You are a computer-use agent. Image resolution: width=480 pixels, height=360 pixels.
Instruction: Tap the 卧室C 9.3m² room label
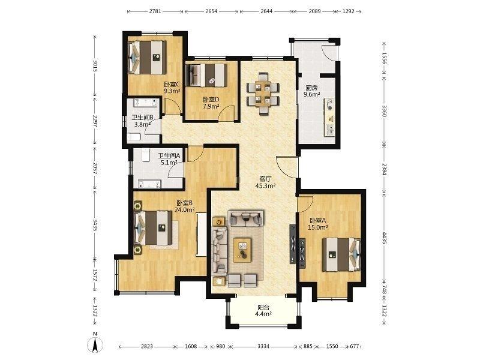point(172,88)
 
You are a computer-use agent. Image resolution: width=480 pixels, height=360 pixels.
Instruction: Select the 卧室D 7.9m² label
point(211,103)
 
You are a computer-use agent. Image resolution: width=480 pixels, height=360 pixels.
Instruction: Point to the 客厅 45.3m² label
point(265,182)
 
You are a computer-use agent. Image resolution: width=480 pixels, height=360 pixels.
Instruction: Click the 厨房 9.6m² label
point(311,91)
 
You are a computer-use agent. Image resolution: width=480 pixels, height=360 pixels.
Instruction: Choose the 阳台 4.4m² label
point(263,310)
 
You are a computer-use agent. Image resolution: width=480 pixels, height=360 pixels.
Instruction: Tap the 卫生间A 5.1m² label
point(169,159)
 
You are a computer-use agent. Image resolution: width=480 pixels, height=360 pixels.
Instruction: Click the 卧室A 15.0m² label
point(319,224)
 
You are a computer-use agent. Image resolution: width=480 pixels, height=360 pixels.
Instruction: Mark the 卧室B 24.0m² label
point(184,206)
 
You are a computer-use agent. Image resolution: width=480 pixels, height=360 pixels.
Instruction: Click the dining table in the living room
point(263,94)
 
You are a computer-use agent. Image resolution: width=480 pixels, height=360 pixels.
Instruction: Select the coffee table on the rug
point(243,250)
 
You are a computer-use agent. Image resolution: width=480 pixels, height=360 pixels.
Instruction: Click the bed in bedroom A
point(341,254)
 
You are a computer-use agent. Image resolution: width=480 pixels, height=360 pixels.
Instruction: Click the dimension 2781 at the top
point(155,11)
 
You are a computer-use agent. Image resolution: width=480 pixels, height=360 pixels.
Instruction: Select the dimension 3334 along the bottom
point(263,347)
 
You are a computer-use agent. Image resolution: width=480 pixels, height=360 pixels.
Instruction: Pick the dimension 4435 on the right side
point(385,237)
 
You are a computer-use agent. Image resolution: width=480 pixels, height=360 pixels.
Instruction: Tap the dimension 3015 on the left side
point(95,66)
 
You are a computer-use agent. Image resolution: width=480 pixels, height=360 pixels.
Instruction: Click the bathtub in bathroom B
point(146,103)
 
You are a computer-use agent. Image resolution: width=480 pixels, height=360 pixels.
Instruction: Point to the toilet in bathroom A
point(145,155)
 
